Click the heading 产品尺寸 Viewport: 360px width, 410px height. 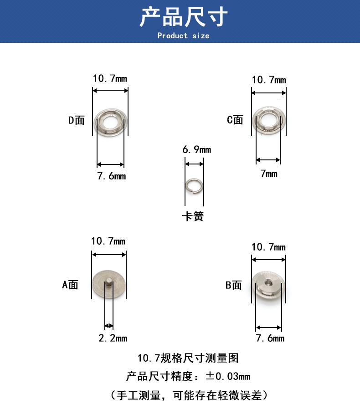pos(183,17)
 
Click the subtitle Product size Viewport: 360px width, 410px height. pos(183,36)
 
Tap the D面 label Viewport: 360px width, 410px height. pos(77,120)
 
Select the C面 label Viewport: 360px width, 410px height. pos(235,120)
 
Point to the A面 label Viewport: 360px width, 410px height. pos(70,284)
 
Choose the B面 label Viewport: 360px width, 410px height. pos(234,285)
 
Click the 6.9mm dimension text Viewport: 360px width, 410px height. pos(197,149)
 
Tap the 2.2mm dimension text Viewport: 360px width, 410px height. pos(113,338)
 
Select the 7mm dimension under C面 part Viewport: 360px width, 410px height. pos(269,174)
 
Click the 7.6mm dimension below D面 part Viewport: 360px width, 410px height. pos(112,176)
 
